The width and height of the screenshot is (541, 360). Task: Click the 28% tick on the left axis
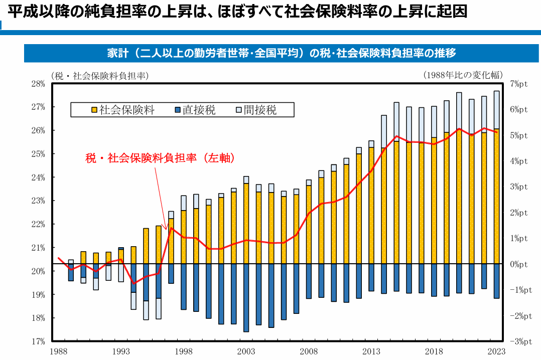(39, 84)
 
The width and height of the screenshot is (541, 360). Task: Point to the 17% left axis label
(39, 341)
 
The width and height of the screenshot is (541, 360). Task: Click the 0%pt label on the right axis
(518, 264)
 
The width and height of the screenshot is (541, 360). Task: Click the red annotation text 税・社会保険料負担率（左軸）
(160, 157)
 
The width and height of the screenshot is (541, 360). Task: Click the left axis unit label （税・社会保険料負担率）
(99, 75)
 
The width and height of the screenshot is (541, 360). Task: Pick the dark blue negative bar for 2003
(246, 297)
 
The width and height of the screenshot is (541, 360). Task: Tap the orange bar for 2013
(371, 206)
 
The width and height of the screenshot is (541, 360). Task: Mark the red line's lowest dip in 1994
(133, 283)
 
